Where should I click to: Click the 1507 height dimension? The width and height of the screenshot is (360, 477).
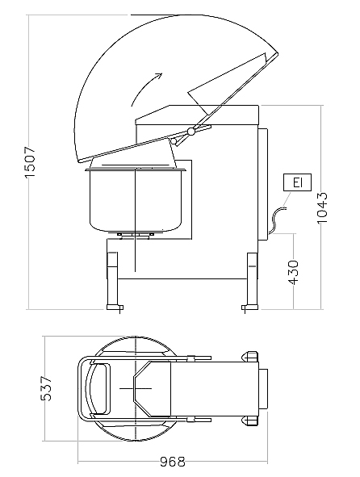[30, 162]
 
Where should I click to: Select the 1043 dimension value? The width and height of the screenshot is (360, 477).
[322, 208]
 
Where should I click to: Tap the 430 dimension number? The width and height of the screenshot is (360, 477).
[293, 272]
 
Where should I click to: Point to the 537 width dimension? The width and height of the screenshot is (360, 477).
[46, 388]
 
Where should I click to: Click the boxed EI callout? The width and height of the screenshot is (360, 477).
[297, 182]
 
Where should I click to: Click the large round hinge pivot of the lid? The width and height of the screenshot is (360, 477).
[191, 131]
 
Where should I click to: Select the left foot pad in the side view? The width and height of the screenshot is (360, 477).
[115, 308]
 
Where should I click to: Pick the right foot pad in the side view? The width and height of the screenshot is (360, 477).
[250, 308]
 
